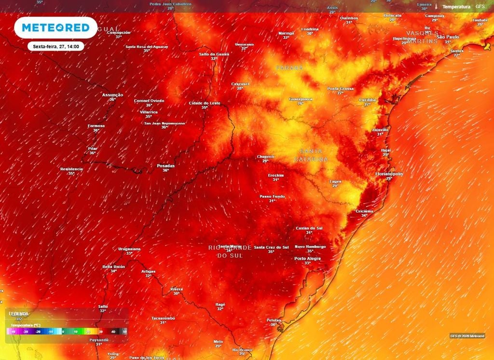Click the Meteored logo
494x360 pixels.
[55, 28]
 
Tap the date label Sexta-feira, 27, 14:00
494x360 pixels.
[56, 47]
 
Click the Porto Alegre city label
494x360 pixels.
[307, 259]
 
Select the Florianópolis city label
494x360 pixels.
[389, 174]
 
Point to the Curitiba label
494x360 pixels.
[367, 100]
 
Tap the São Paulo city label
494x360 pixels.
[447, 37]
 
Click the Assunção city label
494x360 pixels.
[112, 95]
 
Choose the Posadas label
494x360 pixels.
[165, 166]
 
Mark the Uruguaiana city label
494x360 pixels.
[129, 249]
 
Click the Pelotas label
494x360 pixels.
[274, 320]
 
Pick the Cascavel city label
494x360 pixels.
[240, 84]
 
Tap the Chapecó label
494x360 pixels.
[265, 157]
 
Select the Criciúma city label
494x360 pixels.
[364, 211]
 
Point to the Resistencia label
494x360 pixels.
[71, 169]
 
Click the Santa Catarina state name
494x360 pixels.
[311, 155]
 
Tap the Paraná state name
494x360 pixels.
[289, 68]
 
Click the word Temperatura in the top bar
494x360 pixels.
[456, 7]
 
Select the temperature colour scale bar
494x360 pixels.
[67, 332]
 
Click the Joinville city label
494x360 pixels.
[380, 130]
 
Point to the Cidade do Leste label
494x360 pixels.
[205, 103]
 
